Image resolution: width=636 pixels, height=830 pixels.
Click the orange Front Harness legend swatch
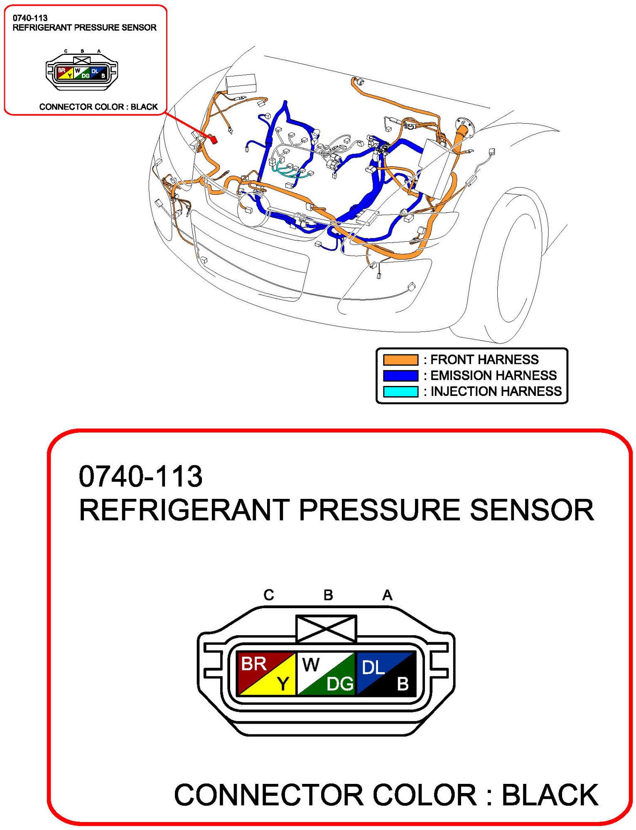(400, 359)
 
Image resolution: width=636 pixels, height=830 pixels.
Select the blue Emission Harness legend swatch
(400, 376)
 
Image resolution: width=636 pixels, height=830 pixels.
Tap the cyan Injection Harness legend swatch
(400, 391)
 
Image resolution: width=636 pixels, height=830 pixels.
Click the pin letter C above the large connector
(269, 595)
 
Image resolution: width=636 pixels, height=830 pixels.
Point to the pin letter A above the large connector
(387, 595)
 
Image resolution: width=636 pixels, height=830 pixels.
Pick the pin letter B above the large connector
(328, 595)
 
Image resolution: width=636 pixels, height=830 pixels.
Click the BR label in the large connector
(253, 663)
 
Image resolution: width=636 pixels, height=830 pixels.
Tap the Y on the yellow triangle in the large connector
(283, 683)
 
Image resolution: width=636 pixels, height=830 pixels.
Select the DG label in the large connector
(340, 684)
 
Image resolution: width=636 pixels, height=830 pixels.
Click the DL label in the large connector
(373, 668)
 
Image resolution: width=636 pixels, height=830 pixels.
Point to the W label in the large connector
(311, 665)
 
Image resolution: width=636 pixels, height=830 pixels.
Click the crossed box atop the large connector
(326, 629)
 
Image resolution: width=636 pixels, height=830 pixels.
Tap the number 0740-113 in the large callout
(140, 476)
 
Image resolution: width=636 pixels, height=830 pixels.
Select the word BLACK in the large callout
(550, 795)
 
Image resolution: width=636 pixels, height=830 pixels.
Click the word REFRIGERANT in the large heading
(184, 510)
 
